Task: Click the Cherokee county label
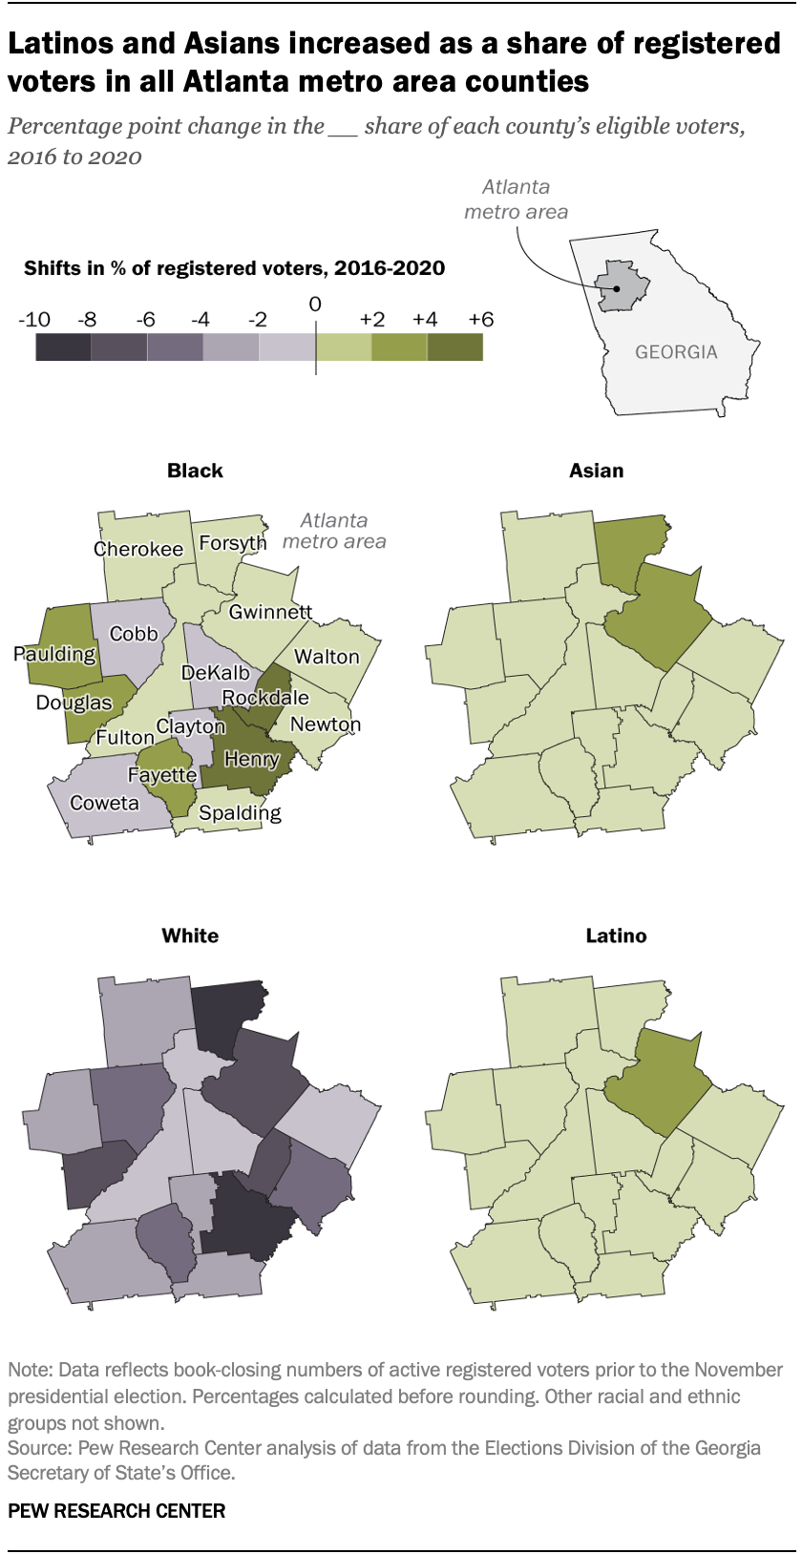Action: [138, 549]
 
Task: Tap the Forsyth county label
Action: [233, 543]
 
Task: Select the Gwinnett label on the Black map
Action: [270, 612]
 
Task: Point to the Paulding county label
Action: [54, 654]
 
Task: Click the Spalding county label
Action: [240, 813]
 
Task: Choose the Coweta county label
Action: [104, 803]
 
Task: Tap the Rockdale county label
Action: [265, 698]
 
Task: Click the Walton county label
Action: [327, 657]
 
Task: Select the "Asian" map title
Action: [596, 471]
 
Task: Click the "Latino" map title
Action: [616, 935]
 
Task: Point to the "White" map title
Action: [190, 935]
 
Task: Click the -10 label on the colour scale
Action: [34, 320]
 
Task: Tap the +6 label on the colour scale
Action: [481, 320]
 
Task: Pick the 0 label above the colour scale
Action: [315, 304]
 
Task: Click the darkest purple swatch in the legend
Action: [63, 347]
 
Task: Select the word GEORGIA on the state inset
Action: [676, 352]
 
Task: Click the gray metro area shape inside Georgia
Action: [618, 285]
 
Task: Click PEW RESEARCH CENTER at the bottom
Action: [116, 1511]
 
